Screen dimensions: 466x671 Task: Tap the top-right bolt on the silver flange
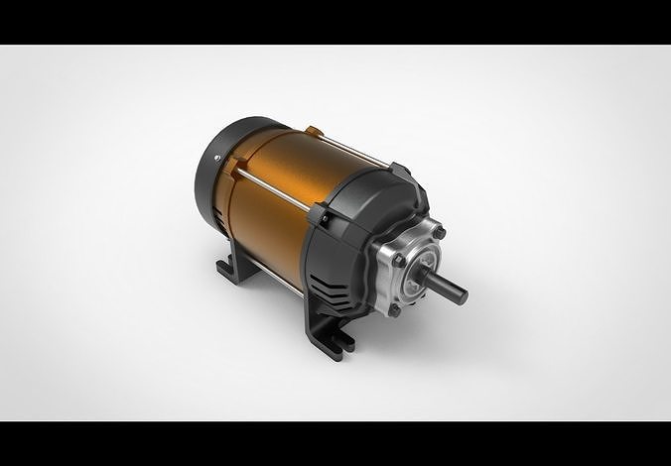coord(439,233)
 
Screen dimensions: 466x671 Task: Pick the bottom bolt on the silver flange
coord(395,309)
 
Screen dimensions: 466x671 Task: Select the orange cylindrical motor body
coord(278,198)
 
